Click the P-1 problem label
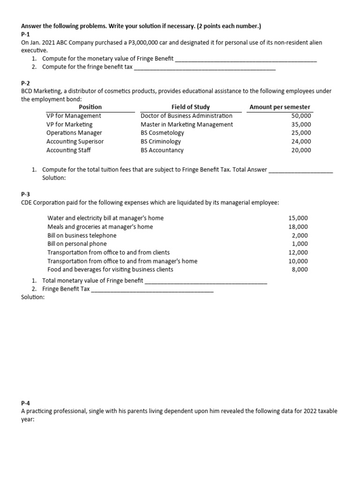(26, 34)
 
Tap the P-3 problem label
(26, 194)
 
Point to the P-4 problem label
(26, 403)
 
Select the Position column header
(90, 107)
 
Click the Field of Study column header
(191, 107)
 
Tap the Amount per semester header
(280, 107)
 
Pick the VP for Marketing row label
(69, 124)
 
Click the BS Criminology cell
(161, 142)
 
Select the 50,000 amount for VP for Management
(301, 116)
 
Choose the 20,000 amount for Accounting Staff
(301, 150)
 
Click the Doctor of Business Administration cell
(187, 116)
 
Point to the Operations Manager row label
(74, 133)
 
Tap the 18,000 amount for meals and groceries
(298, 227)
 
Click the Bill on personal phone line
(77, 244)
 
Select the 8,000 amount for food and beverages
(300, 270)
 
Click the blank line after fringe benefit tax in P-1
(205, 68)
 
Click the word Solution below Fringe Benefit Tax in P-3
(33, 297)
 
